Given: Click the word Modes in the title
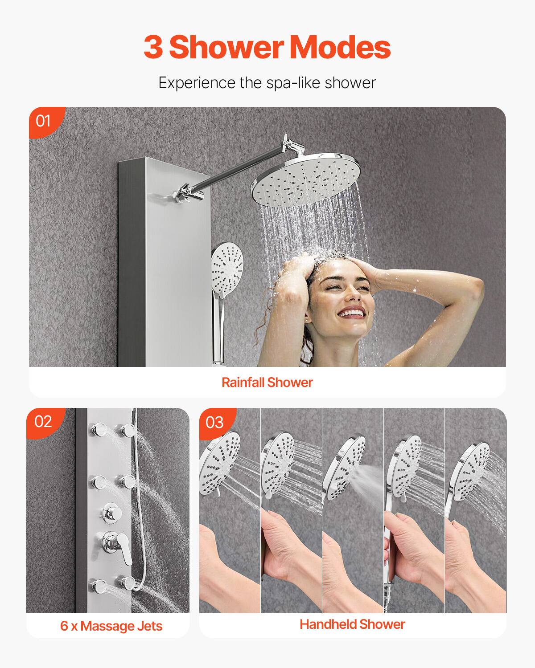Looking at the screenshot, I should click(340, 47).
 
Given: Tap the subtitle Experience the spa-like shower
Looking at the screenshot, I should click(267, 83).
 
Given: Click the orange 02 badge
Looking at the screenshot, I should click(43, 421).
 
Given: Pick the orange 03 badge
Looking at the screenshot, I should click(215, 422).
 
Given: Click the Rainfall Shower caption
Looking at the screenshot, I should click(267, 382).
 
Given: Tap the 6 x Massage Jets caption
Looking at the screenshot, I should click(111, 626).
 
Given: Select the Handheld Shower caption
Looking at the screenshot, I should click(352, 624).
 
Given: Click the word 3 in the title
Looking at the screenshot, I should click(153, 47).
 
